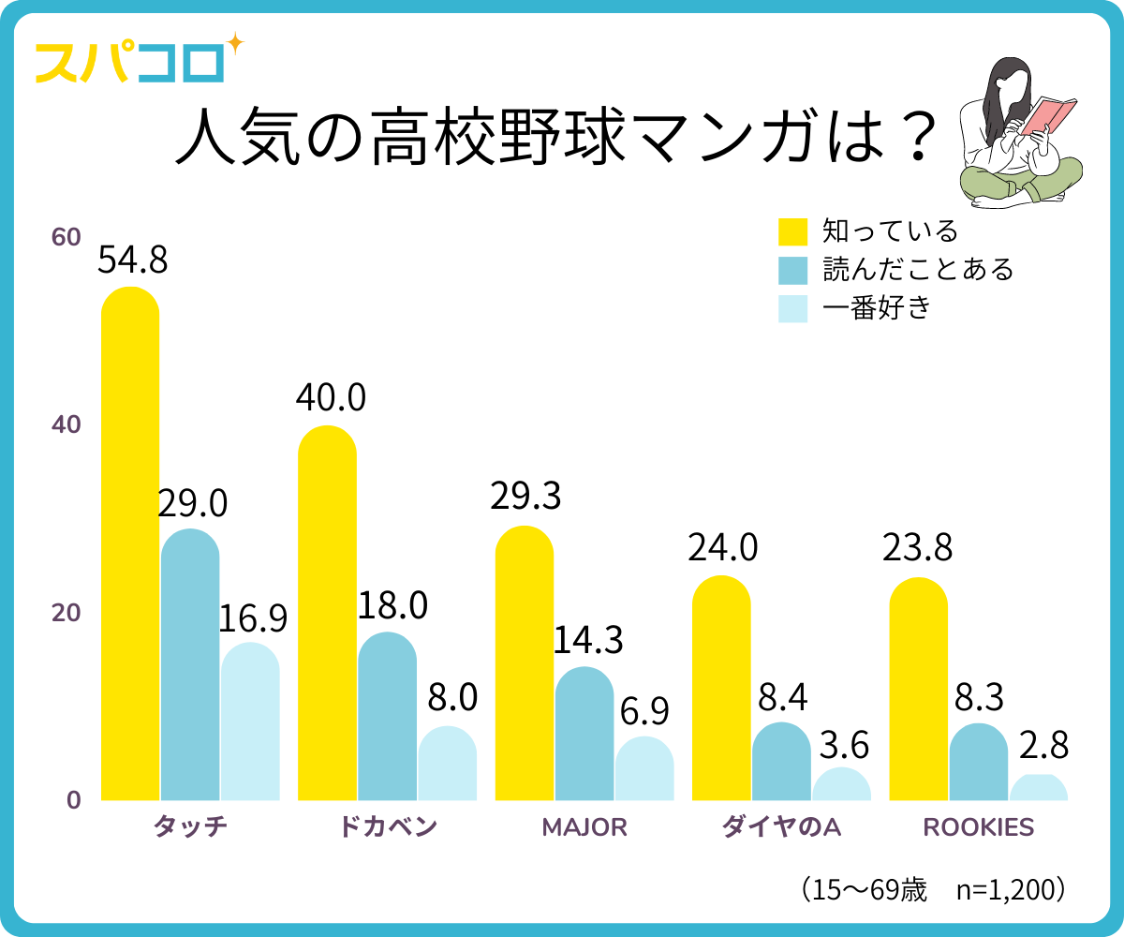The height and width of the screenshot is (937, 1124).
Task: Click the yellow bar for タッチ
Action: [x=130, y=543]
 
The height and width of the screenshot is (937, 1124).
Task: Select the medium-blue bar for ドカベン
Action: [x=387, y=717]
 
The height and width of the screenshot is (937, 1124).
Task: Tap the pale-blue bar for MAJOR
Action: [x=644, y=768]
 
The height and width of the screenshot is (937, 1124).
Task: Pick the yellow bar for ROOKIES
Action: [x=918, y=689]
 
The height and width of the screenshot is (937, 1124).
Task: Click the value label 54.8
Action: [x=133, y=260]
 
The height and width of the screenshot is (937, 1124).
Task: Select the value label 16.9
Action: [x=253, y=618]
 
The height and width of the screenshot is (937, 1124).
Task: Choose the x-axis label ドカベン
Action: [x=388, y=827]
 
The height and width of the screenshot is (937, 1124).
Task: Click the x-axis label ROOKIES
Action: [x=979, y=827]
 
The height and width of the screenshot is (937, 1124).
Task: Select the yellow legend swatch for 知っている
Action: [x=792, y=231]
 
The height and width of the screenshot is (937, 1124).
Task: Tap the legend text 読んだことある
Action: [x=918, y=270]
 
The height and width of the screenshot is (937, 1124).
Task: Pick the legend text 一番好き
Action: [x=877, y=308]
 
